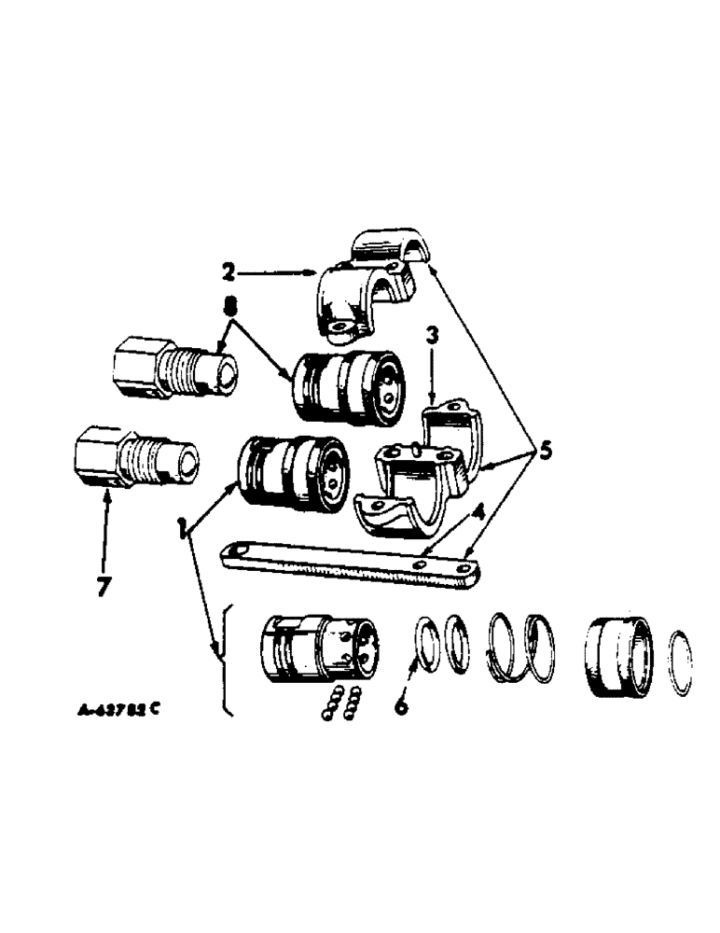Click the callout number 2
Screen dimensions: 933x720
pyautogui.click(x=229, y=273)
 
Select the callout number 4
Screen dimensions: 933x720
pyautogui.click(x=477, y=511)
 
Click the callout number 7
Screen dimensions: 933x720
pyautogui.click(x=104, y=589)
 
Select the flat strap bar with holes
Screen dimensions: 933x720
pyautogui.click(x=345, y=564)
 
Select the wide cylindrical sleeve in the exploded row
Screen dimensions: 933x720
pyautogui.click(x=618, y=657)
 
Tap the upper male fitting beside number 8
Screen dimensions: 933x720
pyautogui.click(x=173, y=369)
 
